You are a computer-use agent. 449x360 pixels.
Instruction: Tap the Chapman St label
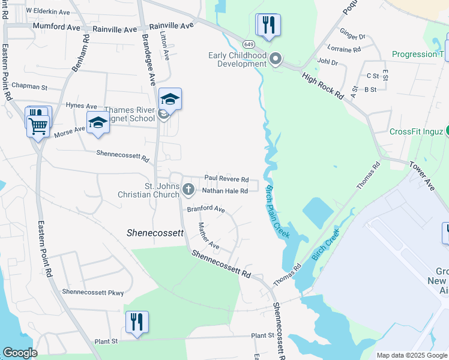(29, 87)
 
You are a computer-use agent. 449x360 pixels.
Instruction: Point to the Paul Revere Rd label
(226, 179)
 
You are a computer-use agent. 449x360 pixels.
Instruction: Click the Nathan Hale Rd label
(224, 191)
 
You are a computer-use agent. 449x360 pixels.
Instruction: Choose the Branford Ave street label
(205, 209)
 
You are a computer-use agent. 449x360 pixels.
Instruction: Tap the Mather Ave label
(208, 236)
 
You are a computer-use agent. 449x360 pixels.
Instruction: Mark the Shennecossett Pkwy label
(93, 293)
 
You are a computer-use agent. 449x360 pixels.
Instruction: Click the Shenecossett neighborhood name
(155, 233)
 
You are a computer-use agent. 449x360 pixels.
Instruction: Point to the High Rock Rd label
(323, 86)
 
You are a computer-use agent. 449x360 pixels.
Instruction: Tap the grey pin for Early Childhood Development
(276, 59)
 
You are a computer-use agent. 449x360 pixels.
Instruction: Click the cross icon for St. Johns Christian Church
(188, 190)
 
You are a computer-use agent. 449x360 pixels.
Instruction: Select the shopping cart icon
(38, 125)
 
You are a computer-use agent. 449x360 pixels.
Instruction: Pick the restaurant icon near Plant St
(137, 322)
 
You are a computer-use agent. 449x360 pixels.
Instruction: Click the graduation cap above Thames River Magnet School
(170, 99)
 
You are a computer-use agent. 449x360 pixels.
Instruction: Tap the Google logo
(20, 353)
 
